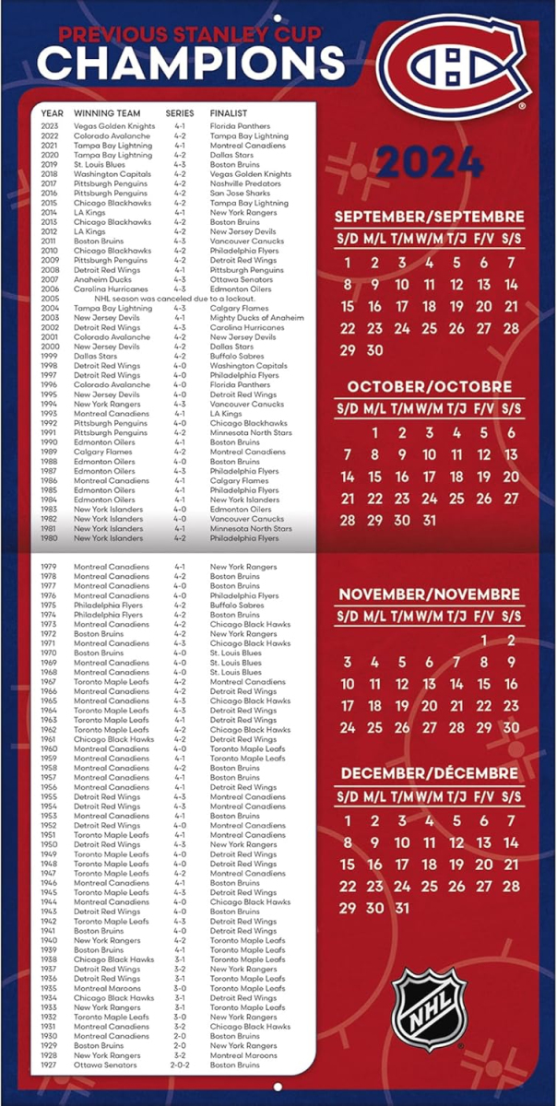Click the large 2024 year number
pos(430,162)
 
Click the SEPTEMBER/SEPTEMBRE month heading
pos(429,217)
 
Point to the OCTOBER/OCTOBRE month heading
pos(429,386)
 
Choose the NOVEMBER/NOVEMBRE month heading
pos(429,594)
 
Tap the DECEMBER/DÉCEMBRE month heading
pos(429,773)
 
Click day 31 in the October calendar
pos(429,520)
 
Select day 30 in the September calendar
pos(374,350)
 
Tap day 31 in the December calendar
pos(401,908)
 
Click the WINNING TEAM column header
pos(107,113)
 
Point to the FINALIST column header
pos(229,113)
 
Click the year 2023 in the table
pos(50,126)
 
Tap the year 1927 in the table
pos(50,1065)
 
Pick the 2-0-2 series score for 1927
pos(180,1065)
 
